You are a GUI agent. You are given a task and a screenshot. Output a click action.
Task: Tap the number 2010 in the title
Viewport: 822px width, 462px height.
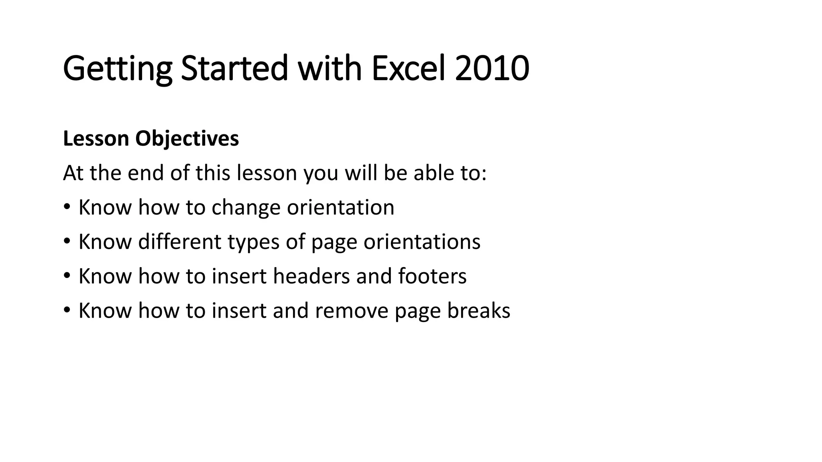click(x=492, y=69)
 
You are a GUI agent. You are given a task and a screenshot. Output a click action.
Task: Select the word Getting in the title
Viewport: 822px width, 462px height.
click(x=117, y=69)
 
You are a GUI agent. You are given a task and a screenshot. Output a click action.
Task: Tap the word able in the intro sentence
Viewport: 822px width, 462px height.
click(x=429, y=173)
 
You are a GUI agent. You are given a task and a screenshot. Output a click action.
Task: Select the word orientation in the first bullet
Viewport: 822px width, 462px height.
click(x=340, y=208)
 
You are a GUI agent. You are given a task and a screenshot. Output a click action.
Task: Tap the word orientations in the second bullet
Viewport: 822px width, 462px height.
click(x=422, y=242)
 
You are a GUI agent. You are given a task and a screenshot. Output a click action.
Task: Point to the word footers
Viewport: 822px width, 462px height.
click(x=432, y=276)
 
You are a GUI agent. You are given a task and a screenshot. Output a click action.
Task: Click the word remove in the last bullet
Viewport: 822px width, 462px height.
click(x=352, y=311)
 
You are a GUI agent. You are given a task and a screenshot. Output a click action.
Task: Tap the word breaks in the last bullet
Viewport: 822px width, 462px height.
click(x=478, y=311)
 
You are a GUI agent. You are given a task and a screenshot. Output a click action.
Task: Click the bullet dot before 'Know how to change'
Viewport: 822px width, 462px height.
click(x=67, y=208)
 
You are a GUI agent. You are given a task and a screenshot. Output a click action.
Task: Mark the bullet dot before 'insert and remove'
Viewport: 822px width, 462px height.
click(x=67, y=311)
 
